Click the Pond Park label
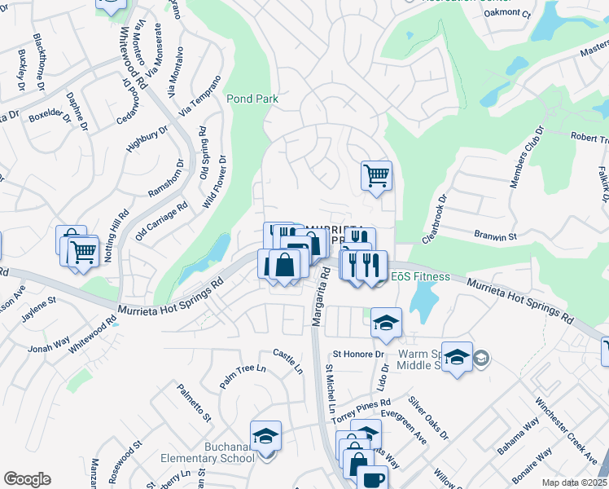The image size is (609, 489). click(x=252, y=99)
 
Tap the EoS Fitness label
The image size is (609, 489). click(x=420, y=276)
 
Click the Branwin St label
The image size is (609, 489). click(x=496, y=236)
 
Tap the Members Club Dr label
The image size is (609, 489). click(x=526, y=157)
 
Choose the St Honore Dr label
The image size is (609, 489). click(x=357, y=355)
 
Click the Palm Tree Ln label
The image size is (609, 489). click(x=243, y=377)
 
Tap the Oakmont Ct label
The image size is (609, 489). click(x=506, y=14)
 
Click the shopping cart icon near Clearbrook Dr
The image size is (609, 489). click(x=376, y=174)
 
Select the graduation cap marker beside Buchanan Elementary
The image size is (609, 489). click(x=265, y=436)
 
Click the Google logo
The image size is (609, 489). click(x=27, y=479)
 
